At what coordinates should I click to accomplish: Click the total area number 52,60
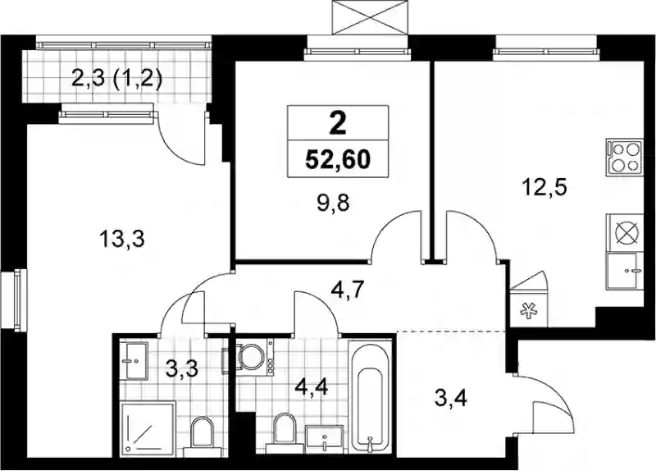coord(338,159)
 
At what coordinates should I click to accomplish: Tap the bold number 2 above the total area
coord(338,124)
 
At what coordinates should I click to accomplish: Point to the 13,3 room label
coord(121,240)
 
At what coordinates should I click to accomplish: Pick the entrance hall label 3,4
coord(451,398)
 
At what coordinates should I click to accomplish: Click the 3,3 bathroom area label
coord(181,370)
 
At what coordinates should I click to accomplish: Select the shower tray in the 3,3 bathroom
coord(148,428)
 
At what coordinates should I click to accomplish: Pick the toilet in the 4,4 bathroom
coord(284,432)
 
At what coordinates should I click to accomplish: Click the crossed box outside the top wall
coord(370,17)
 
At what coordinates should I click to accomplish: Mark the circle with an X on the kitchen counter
coord(625,232)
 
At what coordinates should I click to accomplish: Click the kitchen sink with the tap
coord(625,272)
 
